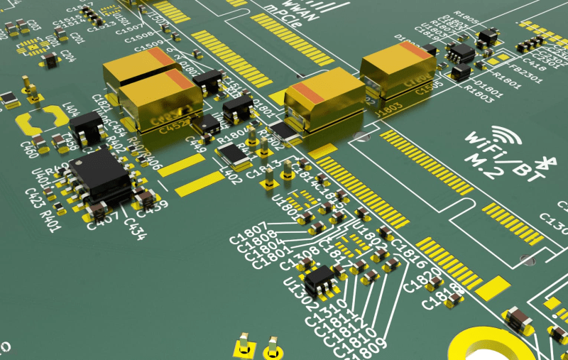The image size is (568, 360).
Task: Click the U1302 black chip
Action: click(319, 277)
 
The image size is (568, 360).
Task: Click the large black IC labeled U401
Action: click(101, 173)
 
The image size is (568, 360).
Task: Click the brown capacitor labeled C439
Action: click(146, 195)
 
